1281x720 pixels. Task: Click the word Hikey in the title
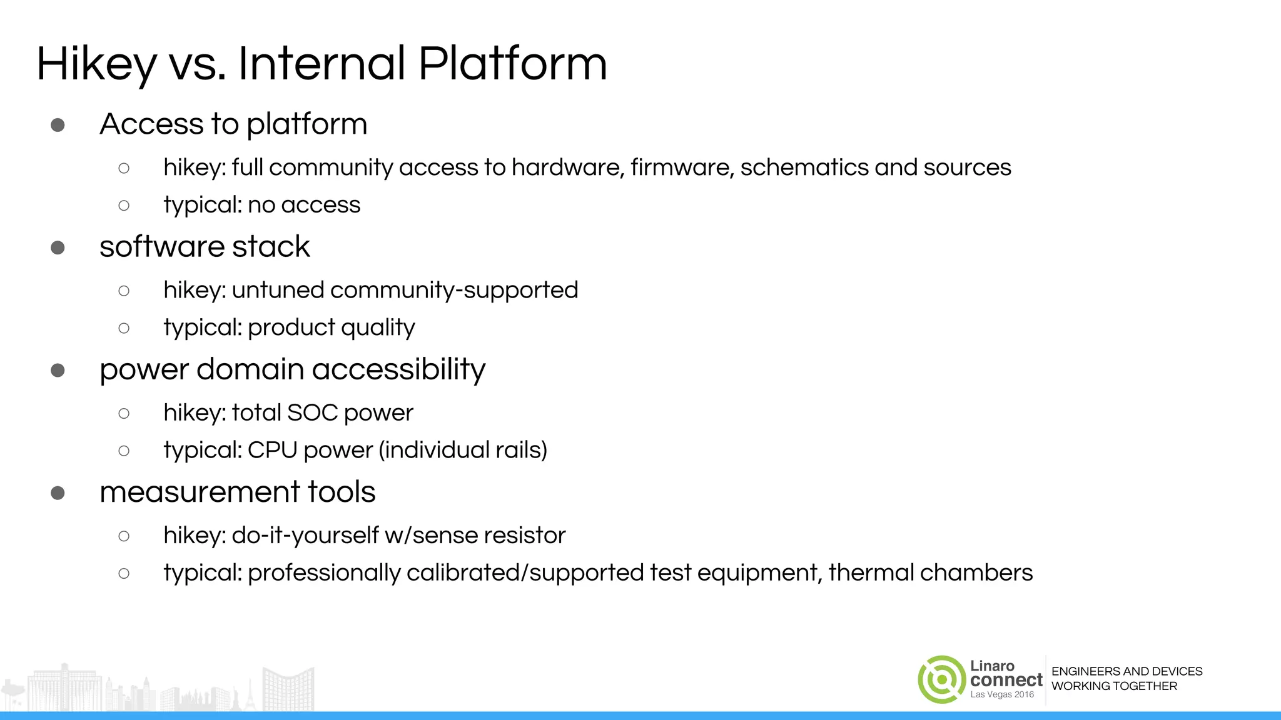tap(97, 64)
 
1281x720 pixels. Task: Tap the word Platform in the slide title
tap(512, 64)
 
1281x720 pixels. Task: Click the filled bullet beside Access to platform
tap(58, 125)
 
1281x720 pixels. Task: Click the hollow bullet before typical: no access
tap(124, 205)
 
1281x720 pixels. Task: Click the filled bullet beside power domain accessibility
tap(58, 370)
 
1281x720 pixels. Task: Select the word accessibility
tap(398, 369)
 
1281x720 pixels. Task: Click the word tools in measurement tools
tap(341, 492)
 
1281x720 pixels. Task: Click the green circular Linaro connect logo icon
tap(941, 679)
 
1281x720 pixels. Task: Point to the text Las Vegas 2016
tap(1002, 694)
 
